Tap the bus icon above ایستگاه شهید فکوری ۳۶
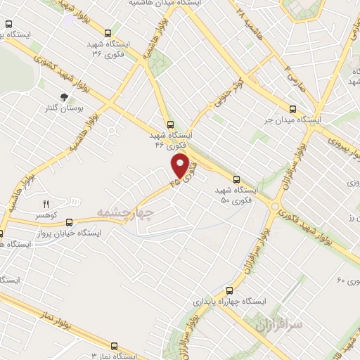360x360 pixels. coord(107,33)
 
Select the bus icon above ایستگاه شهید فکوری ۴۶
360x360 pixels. coord(169,124)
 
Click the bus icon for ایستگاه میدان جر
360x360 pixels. coord(293,108)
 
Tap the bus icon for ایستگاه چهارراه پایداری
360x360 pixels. coord(229,290)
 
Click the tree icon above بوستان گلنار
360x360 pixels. coord(65,98)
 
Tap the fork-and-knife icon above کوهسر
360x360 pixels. coord(46,204)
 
